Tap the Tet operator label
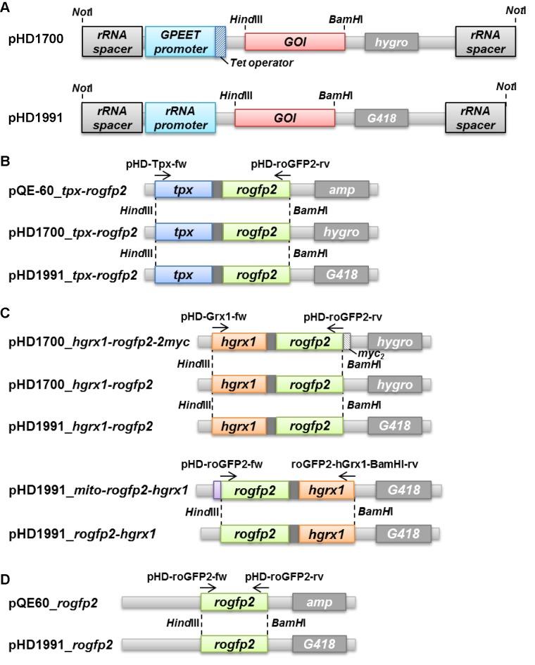(x=260, y=63)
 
